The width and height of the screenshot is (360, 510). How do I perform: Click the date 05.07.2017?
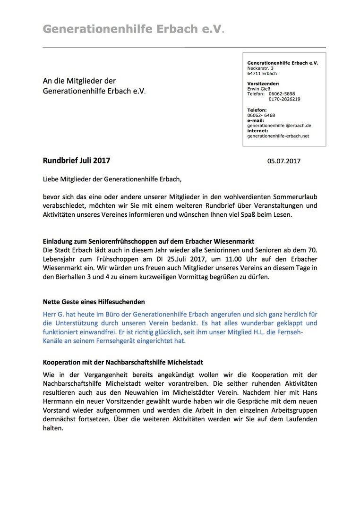tap(283, 161)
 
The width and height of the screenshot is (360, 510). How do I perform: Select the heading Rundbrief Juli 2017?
tap(77, 160)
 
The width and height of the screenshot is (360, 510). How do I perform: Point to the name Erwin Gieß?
tap(260, 88)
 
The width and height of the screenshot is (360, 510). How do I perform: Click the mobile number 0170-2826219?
tap(284, 99)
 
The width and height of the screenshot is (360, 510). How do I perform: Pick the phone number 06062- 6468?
tap(261, 115)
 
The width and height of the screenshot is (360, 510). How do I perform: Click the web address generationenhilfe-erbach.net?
tap(278, 136)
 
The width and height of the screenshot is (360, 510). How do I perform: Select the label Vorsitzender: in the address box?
tap(263, 83)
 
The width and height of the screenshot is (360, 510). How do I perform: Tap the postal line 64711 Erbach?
tap(262, 73)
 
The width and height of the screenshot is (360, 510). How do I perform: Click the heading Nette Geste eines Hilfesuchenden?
tap(94, 301)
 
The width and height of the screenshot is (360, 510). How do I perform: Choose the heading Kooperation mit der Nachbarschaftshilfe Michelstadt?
tap(123, 362)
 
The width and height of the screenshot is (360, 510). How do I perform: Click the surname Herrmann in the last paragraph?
tap(58, 402)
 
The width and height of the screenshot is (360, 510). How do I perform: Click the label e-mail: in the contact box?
tap(256, 120)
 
